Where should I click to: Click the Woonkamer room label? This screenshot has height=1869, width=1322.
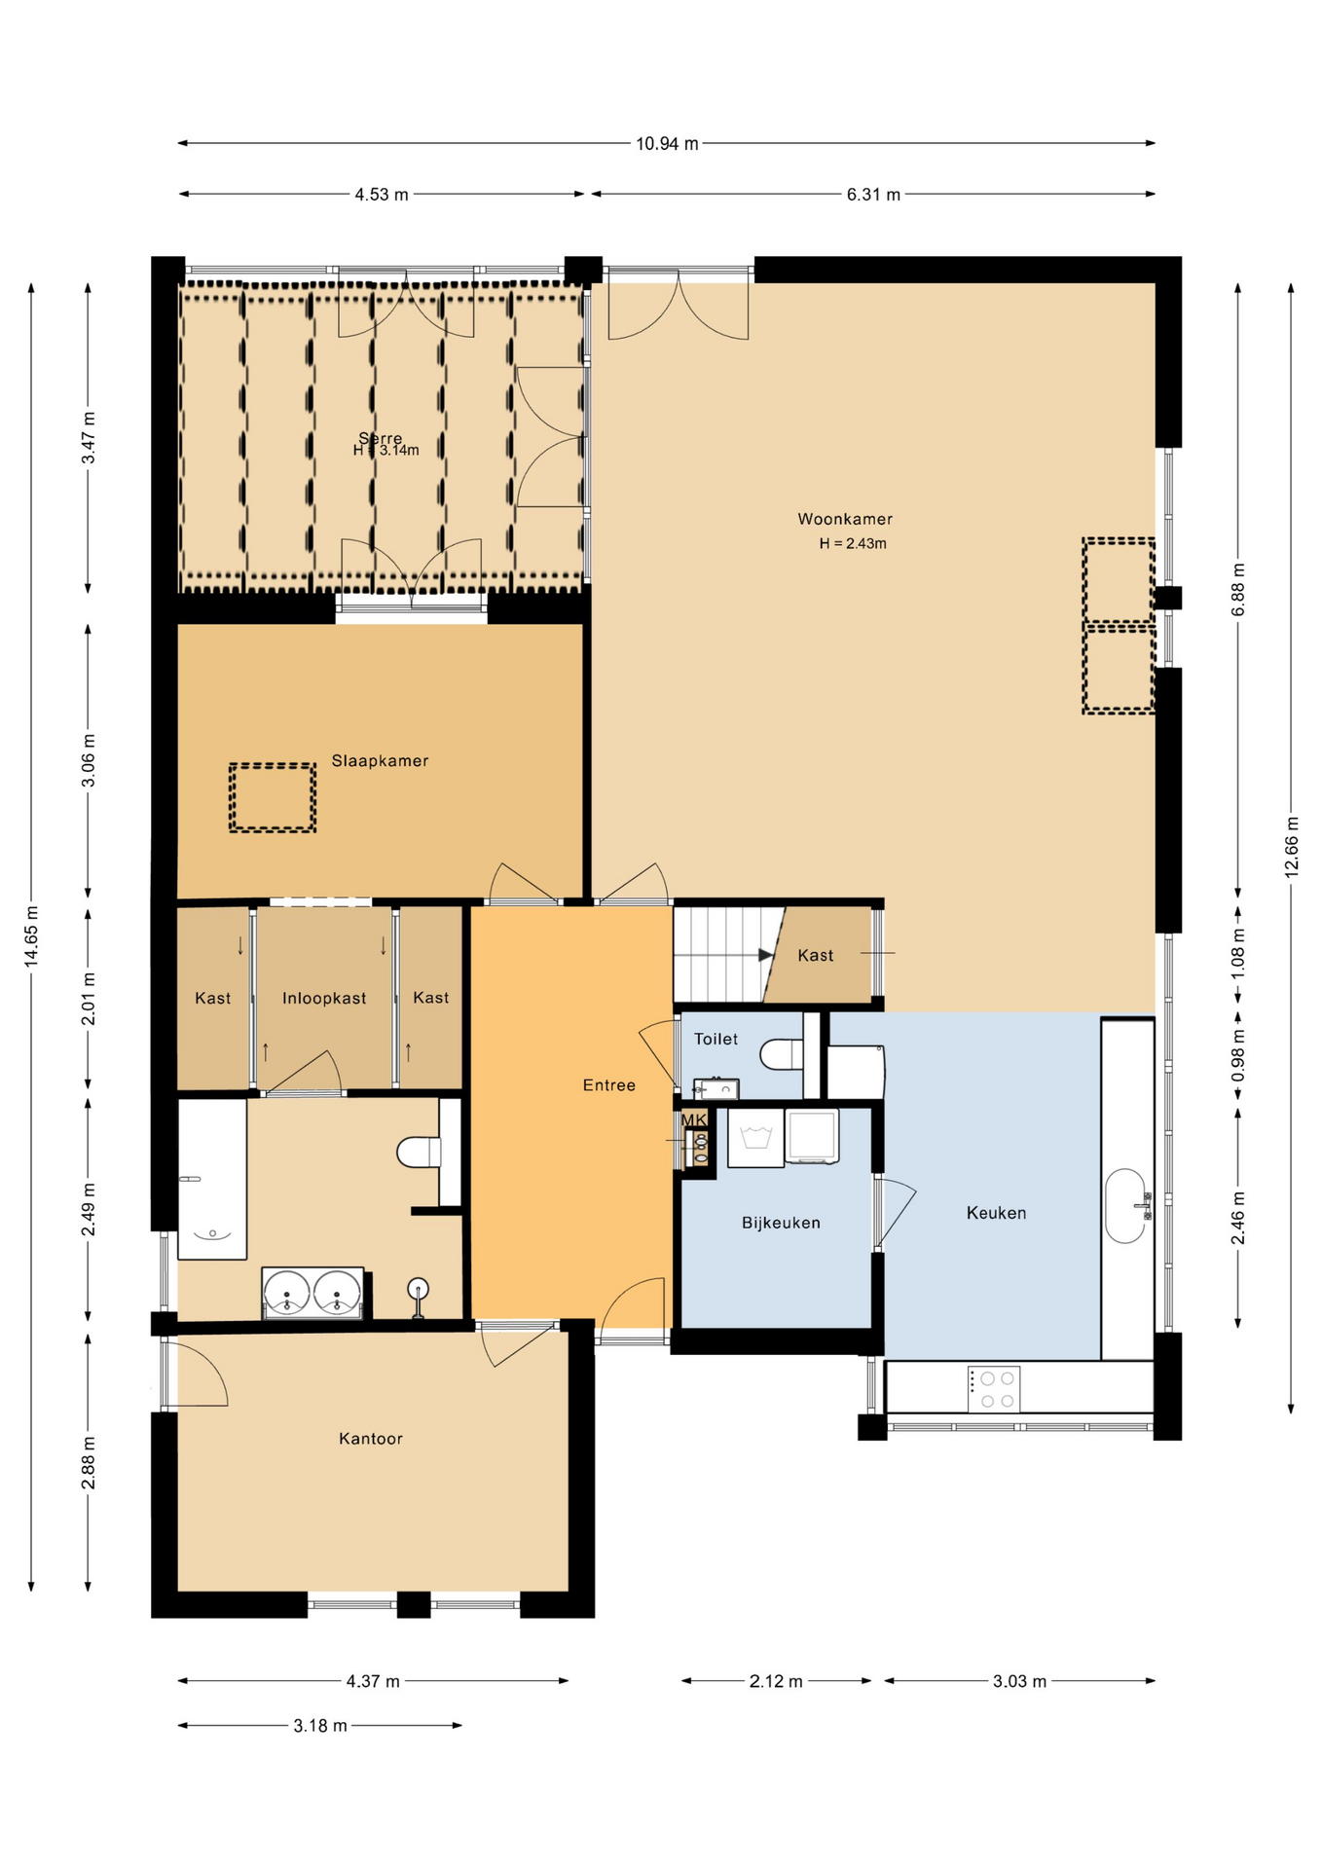click(x=844, y=519)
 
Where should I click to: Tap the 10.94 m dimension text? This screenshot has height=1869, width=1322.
click(x=667, y=144)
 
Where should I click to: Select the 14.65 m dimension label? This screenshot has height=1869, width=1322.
click(x=32, y=936)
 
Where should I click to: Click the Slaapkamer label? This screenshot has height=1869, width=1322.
click(x=380, y=760)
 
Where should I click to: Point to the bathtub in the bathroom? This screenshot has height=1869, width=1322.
click(x=211, y=1179)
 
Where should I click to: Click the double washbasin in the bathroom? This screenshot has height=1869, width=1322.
click(x=312, y=1294)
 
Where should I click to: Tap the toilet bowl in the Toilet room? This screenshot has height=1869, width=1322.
click(x=780, y=1054)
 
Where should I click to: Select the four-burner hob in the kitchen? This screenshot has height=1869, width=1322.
click(x=994, y=1389)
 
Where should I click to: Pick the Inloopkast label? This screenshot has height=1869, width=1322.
click(x=324, y=998)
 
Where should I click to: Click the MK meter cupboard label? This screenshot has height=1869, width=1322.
click(x=694, y=1120)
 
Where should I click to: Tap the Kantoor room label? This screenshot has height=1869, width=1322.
click(x=370, y=1439)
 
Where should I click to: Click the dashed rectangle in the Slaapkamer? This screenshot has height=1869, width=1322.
click(x=273, y=797)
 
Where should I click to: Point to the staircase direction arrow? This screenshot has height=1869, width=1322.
click(x=765, y=955)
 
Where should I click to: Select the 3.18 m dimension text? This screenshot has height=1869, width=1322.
click(x=319, y=1726)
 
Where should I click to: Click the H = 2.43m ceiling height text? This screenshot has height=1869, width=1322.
click(x=853, y=543)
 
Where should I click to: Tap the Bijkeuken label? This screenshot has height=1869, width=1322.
click(x=781, y=1223)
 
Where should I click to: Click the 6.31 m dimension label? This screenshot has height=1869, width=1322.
click(x=873, y=195)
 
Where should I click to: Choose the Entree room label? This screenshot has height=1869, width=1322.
click(x=608, y=1085)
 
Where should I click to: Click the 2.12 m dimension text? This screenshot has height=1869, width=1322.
click(x=776, y=1681)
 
